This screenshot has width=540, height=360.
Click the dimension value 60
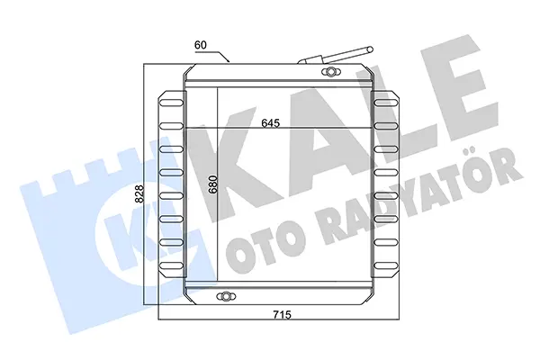point(201,45)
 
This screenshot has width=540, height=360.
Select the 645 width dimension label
point(271,123)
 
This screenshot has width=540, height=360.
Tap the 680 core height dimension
point(213,184)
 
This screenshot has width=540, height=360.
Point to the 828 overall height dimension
point(139,194)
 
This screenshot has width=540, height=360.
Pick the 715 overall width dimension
point(282,314)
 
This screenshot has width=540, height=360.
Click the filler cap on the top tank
point(331,72)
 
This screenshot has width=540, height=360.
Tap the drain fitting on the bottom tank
point(226,296)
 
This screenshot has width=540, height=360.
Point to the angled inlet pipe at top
point(336,56)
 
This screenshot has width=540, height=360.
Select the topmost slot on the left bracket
point(171,103)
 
